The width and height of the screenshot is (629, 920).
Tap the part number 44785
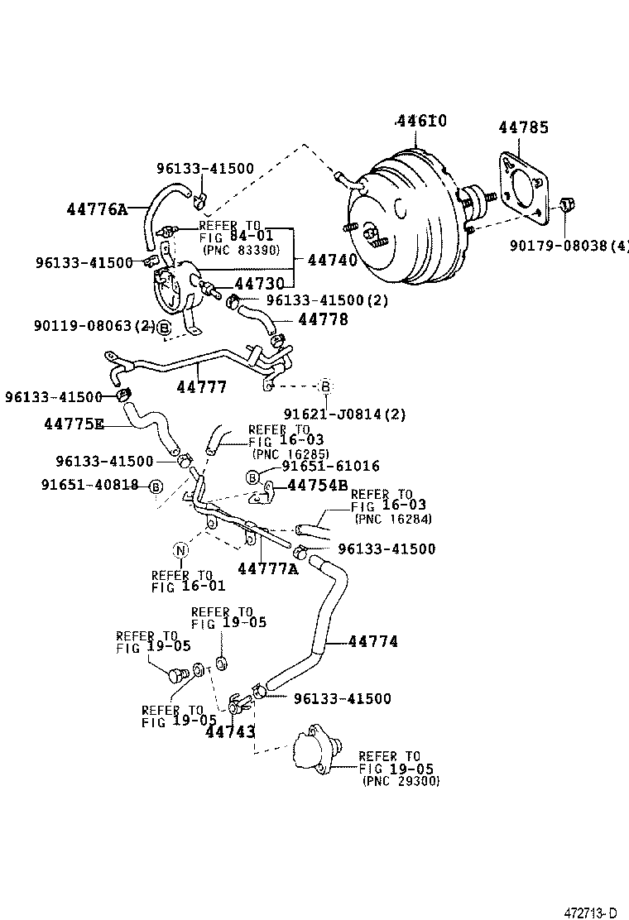[523, 127]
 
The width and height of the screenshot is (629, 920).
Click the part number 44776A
[97, 208]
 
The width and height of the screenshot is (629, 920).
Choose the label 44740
[332, 260]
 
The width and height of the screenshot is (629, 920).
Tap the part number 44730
[254, 284]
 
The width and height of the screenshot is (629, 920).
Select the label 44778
[323, 319]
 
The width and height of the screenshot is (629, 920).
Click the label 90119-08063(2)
[94, 327]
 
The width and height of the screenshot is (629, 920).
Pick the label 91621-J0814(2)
[344, 414]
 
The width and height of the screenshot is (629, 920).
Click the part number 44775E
[74, 424]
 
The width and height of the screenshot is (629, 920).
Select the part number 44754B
[318, 485]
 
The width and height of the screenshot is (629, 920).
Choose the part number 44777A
[267, 568]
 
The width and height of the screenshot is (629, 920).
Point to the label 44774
[372, 641]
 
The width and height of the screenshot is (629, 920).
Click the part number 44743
[230, 731]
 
